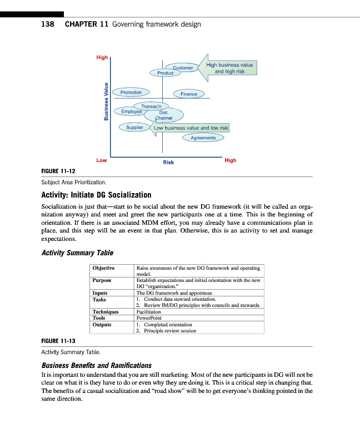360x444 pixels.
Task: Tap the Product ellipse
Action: click(x=164, y=73)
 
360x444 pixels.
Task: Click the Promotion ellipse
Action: click(x=131, y=92)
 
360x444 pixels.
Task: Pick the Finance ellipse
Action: click(x=189, y=94)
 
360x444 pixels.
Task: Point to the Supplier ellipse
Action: click(x=134, y=127)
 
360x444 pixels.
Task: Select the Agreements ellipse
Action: click(x=203, y=138)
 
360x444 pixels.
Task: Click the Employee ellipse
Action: click(x=132, y=112)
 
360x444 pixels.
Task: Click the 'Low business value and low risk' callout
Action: click(x=191, y=128)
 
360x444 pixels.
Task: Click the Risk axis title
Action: click(x=168, y=162)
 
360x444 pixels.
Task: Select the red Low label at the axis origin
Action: click(x=101, y=160)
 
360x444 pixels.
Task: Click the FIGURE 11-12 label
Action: click(x=58, y=170)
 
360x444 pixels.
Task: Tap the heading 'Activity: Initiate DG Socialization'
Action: click(x=96, y=195)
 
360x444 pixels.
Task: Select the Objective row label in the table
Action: click(x=103, y=268)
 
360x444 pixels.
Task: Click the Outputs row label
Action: click(x=102, y=324)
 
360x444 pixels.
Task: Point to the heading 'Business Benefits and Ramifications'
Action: click(x=97, y=365)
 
